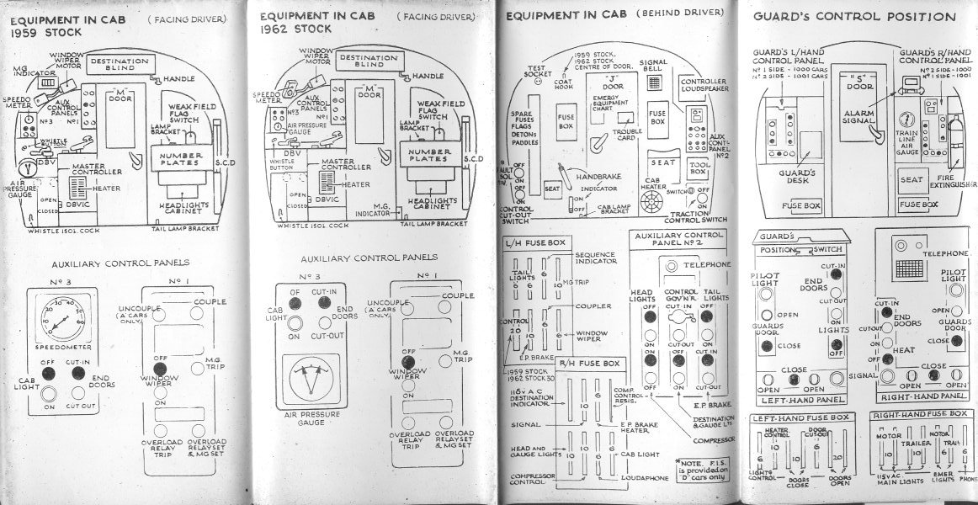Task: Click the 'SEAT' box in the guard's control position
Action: click(911, 179)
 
